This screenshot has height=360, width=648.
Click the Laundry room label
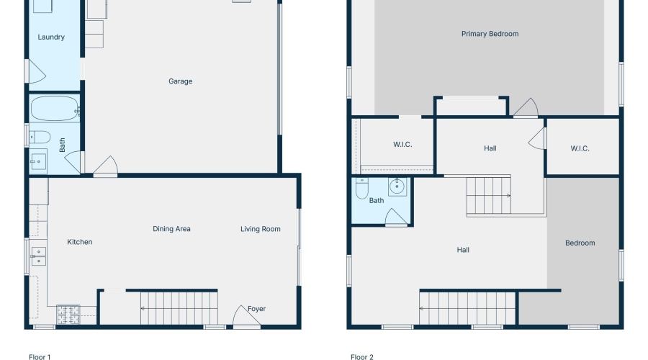[51, 37]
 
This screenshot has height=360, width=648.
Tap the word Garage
[180, 81]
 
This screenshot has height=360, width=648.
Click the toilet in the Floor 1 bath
[40, 136]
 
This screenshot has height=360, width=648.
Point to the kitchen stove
[68, 313]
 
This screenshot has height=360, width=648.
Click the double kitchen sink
[37, 256]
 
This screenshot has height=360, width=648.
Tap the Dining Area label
[171, 229]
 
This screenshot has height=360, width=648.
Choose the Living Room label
[260, 229]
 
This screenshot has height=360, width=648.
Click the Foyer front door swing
[244, 317]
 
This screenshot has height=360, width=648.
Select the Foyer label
[256, 309]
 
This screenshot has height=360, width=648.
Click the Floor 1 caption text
[40, 356]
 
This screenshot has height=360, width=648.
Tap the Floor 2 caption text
[362, 356]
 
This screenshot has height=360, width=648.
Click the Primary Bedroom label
[490, 34]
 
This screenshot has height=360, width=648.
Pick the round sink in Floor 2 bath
[397, 187]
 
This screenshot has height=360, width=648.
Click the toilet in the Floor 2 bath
[361, 190]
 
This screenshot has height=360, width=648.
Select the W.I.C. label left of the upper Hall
[402, 145]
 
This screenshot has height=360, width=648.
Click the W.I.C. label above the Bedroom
[580, 149]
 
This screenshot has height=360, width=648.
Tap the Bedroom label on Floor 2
[580, 243]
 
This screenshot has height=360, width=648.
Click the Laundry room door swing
[36, 72]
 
